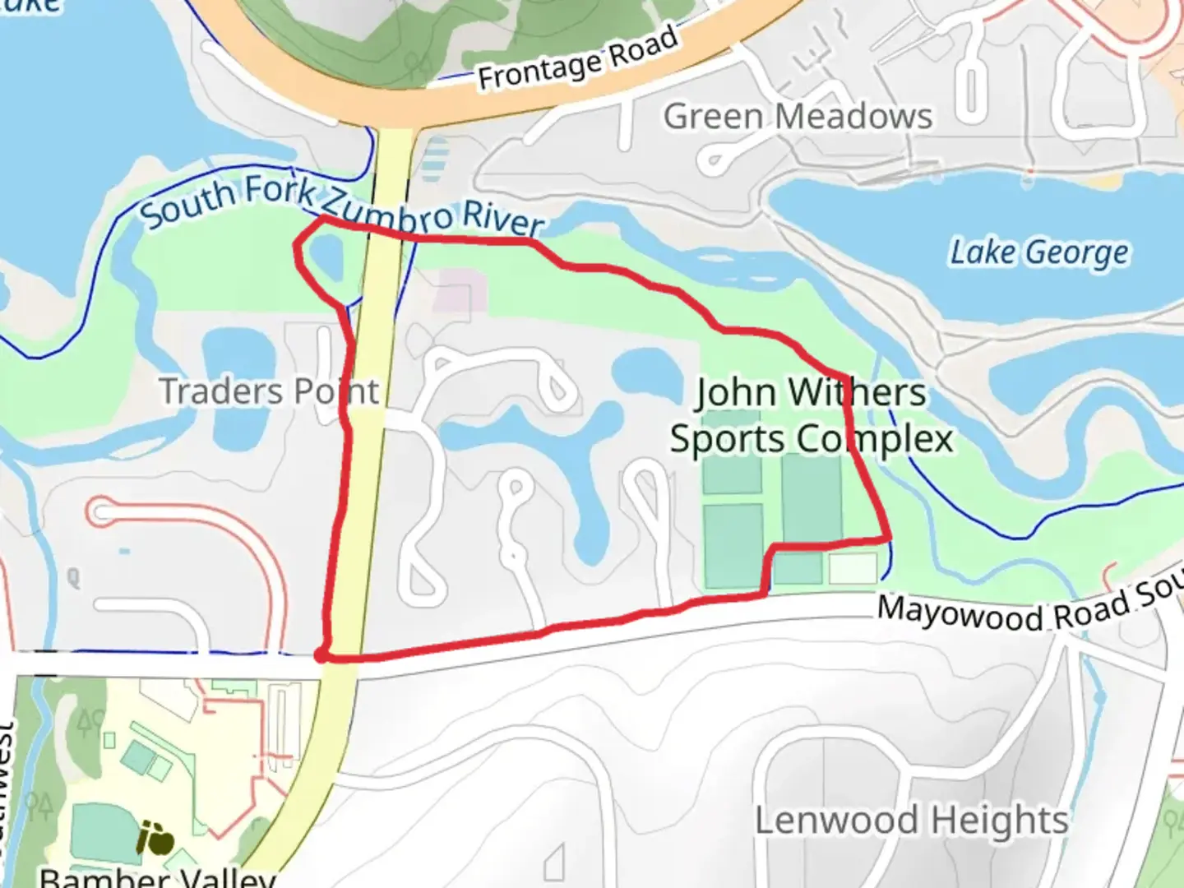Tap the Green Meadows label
tap(798, 117)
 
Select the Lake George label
tap(1039, 252)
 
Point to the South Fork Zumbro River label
tap(341, 206)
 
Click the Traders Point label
tap(269, 391)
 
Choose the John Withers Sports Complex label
tap(811, 415)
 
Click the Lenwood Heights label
tap(911, 820)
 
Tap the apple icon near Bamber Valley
tap(155, 839)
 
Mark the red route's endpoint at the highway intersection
tap(321, 654)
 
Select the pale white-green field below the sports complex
tap(852, 568)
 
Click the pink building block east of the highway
tap(460, 293)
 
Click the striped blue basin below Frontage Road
tap(434, 159)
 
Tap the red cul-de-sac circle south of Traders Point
tap(102, 512)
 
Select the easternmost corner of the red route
tap(888, 539)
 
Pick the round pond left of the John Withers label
tap(643, 371)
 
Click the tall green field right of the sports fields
tap(812, 497)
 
